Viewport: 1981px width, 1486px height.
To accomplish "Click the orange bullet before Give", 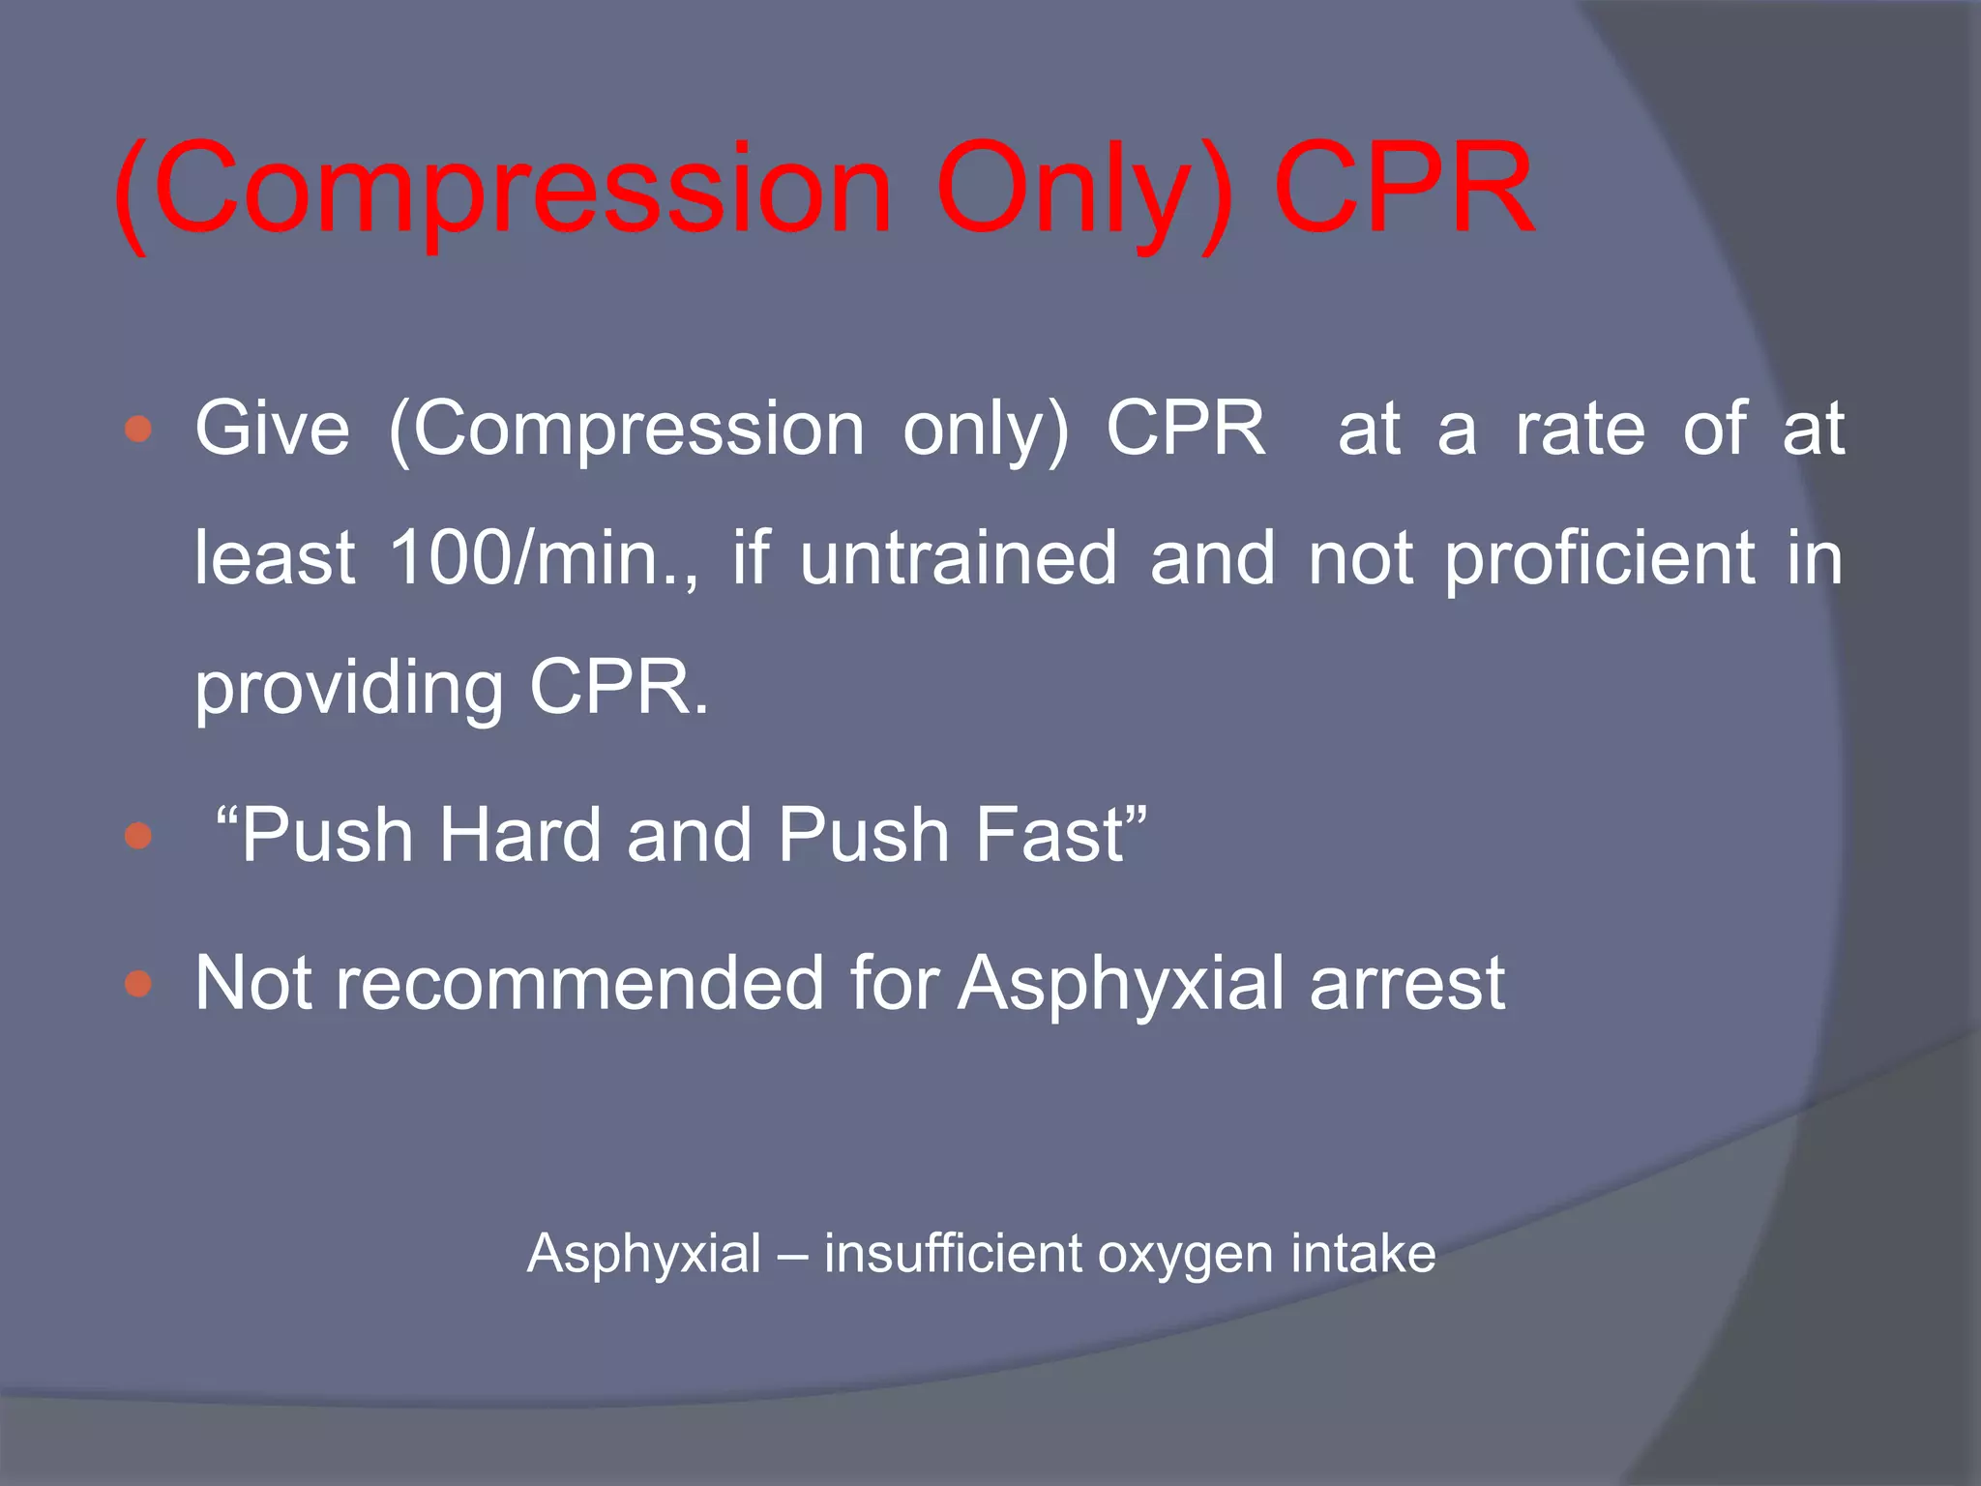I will (139, 429).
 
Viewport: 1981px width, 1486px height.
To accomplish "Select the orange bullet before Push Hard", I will (139, 835).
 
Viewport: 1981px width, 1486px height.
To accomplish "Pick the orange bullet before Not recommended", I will (139, 984).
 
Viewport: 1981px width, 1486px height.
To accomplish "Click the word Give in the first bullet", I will (272, 429).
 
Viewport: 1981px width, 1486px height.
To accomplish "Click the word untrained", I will (958, 558).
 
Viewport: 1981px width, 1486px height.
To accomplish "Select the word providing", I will (348, 690).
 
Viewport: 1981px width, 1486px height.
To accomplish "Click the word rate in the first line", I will (1580, 429).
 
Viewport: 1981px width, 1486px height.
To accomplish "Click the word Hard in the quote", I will (520, 835).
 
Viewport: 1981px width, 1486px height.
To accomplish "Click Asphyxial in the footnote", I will (643, 1255).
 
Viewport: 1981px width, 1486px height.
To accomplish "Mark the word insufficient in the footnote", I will (953, 1254).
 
